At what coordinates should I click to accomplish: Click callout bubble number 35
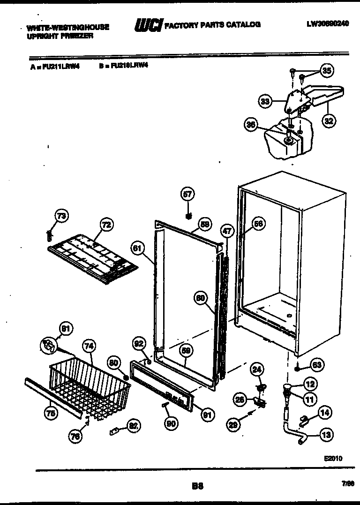(327, 71)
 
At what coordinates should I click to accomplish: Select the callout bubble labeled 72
(106, 225)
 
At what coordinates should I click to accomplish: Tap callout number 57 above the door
(187, 194)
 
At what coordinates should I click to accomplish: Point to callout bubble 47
(227, 231)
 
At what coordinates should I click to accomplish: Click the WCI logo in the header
(148, 25)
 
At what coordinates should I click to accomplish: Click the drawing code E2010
(333, 458)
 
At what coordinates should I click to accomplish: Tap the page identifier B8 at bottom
(197, 486)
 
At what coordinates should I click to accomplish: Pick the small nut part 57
(188, 216)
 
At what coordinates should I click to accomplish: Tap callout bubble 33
(266, 101)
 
